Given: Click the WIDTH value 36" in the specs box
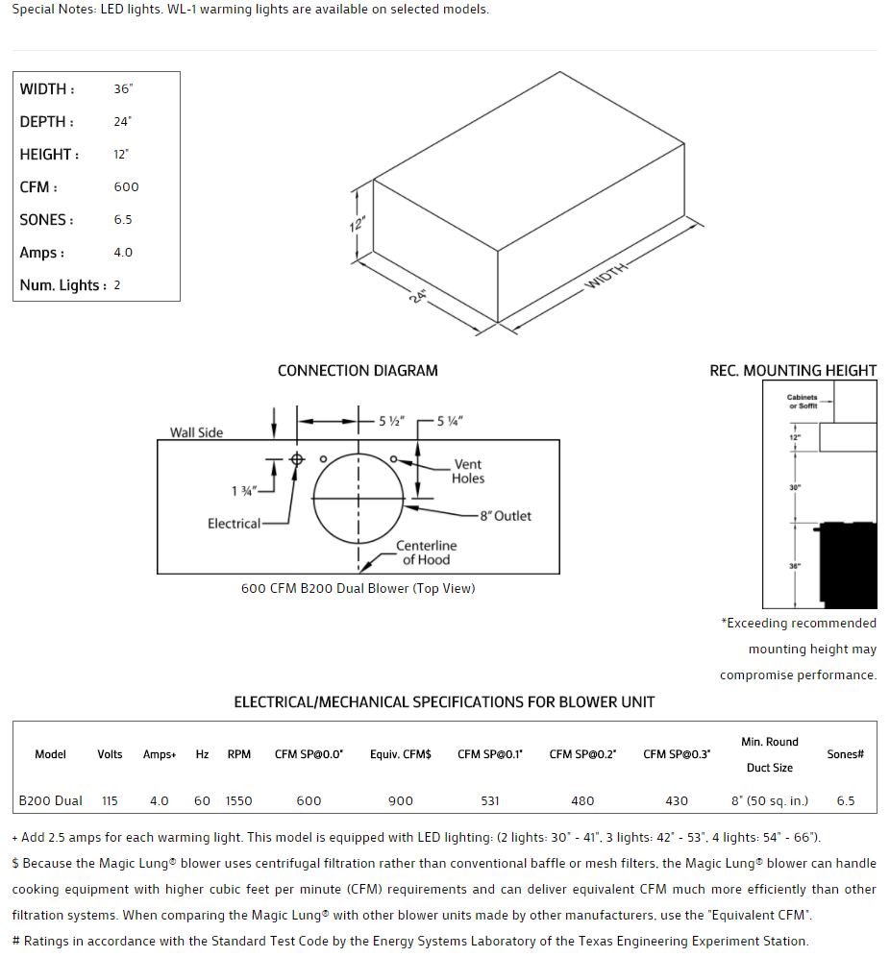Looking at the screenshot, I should tap(123, 89).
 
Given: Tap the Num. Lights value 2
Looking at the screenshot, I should tap(117, 285).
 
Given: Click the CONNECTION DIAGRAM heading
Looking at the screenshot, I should tap(358, 371).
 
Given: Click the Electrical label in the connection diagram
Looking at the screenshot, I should tap(234, 524).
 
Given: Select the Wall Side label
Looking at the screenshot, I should tap(196, 432).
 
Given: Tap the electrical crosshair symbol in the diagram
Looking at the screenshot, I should tap(297, 459).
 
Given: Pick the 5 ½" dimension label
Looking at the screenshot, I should tap(391, 421).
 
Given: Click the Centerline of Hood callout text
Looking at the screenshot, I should tap(427, 552).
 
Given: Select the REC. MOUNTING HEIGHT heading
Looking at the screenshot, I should tap(793, 371).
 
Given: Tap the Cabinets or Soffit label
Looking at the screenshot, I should tap(802, 402).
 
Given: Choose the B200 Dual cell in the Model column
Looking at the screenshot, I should tap(51, 800).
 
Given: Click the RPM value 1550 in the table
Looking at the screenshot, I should tap(239, 800).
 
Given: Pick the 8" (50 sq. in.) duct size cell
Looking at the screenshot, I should tap(770, 800).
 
